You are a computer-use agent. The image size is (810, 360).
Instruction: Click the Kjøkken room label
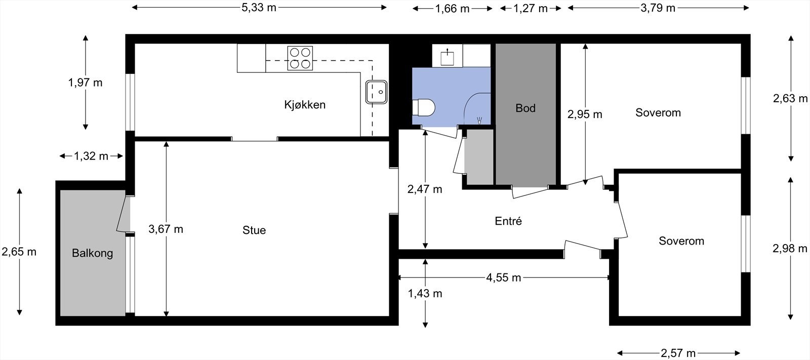[304, 105]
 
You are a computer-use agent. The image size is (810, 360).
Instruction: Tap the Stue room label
[254, 230]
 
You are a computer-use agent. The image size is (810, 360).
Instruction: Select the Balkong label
[92, 253]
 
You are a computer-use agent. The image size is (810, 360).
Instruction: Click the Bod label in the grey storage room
[525, 108]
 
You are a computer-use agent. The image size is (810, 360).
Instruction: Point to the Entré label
[508, 221]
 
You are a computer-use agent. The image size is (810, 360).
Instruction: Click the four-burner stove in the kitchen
[300, 58]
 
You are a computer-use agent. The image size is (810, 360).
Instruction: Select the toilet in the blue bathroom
[424, 108]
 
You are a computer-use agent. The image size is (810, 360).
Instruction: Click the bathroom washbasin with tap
[448, 57]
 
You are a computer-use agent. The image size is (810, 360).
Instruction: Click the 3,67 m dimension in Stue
[166, 229]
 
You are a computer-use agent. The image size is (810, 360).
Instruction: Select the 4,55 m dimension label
[503, 277]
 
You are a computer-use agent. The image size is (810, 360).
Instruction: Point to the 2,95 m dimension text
[585, 114]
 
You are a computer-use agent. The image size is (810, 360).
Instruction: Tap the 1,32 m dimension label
[91, 156]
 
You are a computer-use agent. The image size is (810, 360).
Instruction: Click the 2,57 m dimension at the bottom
[678, 353]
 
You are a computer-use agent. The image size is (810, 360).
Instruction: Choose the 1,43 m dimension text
[425, 293]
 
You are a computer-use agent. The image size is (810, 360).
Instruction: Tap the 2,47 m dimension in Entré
[425, 189]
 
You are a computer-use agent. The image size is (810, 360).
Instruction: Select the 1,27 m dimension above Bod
[531, 8]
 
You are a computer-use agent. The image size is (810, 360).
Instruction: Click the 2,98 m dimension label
[790, 248]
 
